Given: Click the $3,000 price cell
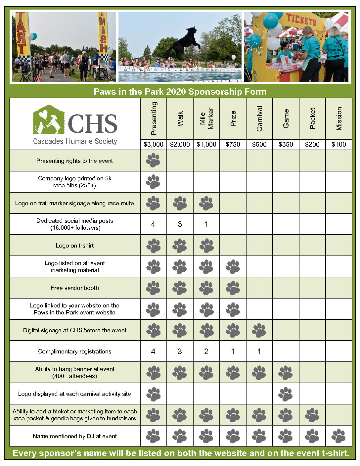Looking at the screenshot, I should coord(154,144).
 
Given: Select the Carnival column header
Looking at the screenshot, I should coord(259,118).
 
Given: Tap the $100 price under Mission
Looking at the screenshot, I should coord(338,144).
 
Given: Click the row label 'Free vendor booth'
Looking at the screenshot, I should coord(75,288).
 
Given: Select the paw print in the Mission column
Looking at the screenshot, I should coord(338,436).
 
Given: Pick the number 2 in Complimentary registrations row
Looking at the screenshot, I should coord(206,351).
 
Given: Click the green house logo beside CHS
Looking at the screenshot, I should coord(48,120).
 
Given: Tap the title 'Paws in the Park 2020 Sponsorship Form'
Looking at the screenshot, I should coord(180,92).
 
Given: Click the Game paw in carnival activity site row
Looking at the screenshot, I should coord(286,394).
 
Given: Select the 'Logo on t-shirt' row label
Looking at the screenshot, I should coord(75,246).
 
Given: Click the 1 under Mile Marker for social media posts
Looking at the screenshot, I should coord(206,224).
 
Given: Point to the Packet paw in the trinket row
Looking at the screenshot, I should coord(312,415).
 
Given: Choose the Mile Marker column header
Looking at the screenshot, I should coord(206,118).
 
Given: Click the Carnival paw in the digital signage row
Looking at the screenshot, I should coord(259,330).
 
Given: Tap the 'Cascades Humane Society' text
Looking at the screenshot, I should coord(75,141).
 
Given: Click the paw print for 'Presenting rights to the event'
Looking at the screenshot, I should coord(153,161).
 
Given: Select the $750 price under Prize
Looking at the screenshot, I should coord(233,144).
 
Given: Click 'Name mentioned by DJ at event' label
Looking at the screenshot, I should coord(75,436).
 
